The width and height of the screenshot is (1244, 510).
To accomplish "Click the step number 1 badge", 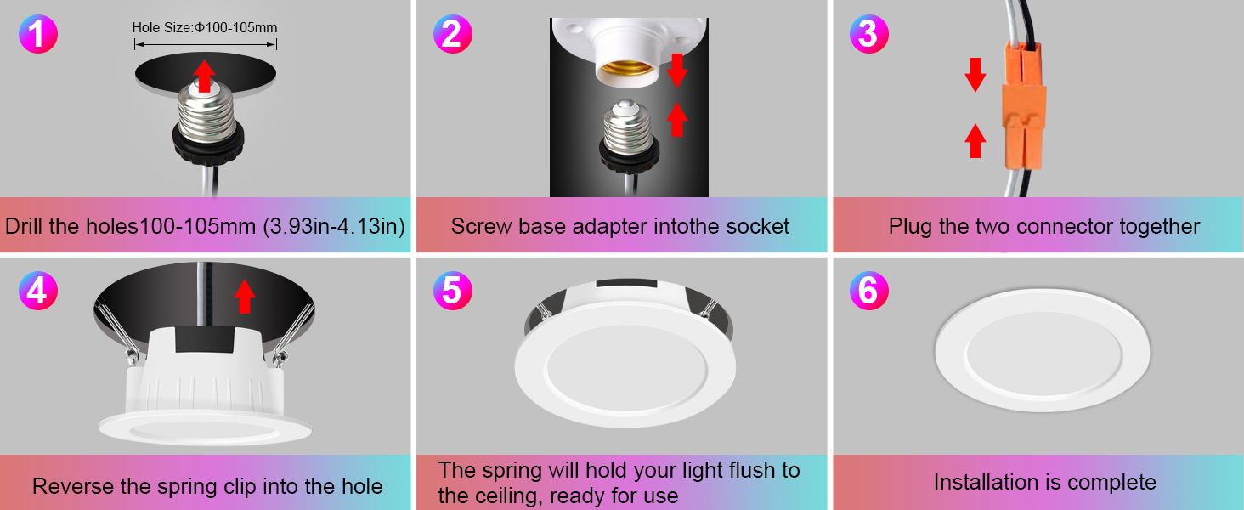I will pyautogui.click(x=37, y=36).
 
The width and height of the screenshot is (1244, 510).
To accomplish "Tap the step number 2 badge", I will pyautogui.click(x=452, y=36).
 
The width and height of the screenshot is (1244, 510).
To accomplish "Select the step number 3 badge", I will pyautogui.click(x=868, y=36).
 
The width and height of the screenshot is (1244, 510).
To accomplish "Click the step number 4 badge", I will pyautogui.click(x=37, y=291).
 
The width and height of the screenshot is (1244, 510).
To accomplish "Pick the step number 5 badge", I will pyautogui.click(x=452, y=291).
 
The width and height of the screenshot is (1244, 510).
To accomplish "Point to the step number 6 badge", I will pyautogui.click(x=868, y=291).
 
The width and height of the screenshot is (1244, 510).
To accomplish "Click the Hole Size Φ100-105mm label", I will pyautogui.click(x=205, y=28).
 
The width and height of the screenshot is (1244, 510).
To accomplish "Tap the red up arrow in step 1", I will pyautogui.click(x=203, y=76).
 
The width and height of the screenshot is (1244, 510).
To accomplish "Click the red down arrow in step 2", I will pyautogui.click(x=676, y=71).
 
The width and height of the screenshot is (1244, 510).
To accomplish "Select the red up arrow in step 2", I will pyautogui.click(x=676, y=119).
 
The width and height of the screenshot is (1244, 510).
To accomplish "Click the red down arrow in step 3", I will pyautogui.click(x=975, y=75).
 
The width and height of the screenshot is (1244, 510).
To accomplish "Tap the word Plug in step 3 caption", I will pyautogui.click(x=908, y=227).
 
